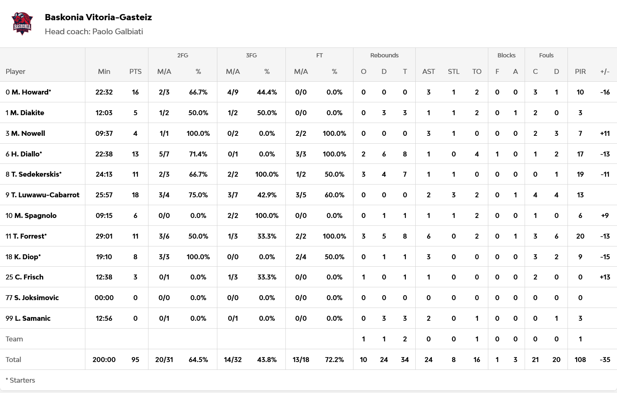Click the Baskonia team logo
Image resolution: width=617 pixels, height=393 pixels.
(22, 24)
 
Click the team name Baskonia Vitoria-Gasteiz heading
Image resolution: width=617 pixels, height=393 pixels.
(98, 17)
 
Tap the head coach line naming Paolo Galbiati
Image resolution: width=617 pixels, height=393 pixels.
(94, 32)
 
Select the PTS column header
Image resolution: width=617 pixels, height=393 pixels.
(135, 71)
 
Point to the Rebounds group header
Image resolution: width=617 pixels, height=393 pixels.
(384, 55)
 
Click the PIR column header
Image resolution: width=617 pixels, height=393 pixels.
(580, 71)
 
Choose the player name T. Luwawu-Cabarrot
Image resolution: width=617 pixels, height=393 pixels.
(45, 195)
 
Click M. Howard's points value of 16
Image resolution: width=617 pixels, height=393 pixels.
(135, 92)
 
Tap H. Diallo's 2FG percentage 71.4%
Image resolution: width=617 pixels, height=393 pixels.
(198, 154)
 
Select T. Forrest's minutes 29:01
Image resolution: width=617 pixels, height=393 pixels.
(104, 236)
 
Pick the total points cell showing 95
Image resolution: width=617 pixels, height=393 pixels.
(135, 360)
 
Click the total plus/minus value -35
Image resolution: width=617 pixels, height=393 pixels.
(605, 360)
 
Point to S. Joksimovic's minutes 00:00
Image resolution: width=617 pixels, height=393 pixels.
(104, 298)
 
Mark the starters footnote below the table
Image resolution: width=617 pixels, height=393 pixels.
(20, 380)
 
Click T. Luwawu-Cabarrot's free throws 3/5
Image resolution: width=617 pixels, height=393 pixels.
(301, 195)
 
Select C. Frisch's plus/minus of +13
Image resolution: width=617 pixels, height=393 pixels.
(605, 277)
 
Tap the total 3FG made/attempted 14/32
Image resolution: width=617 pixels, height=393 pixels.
(233, 360)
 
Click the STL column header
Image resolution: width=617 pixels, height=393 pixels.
(453, 71)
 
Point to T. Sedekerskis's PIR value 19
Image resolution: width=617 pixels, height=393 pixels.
(580, 174)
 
